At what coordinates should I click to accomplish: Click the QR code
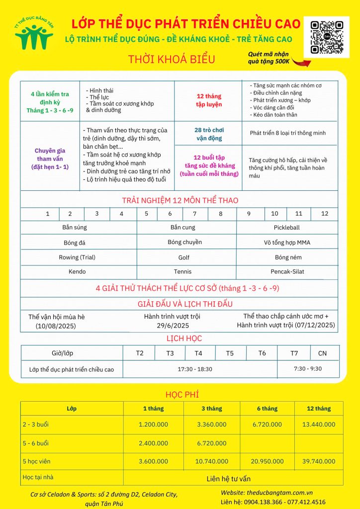327,37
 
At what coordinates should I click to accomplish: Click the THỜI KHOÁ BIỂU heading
172,59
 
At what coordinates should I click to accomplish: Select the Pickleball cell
286,228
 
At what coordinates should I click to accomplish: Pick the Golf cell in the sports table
184,257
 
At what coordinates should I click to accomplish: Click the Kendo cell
77,272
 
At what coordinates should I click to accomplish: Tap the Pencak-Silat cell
287,272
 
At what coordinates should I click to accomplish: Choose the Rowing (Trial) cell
77,257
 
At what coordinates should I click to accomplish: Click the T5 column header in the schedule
230,353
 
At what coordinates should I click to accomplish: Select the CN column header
322,353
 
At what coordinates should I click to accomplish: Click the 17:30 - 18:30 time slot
195,369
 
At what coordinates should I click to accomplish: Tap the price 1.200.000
154,424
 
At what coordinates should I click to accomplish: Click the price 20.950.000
268,461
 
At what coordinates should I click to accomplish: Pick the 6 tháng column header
267,409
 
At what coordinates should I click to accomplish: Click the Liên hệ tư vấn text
228,479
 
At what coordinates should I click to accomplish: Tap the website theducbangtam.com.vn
287,492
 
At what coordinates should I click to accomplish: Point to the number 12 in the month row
325,214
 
